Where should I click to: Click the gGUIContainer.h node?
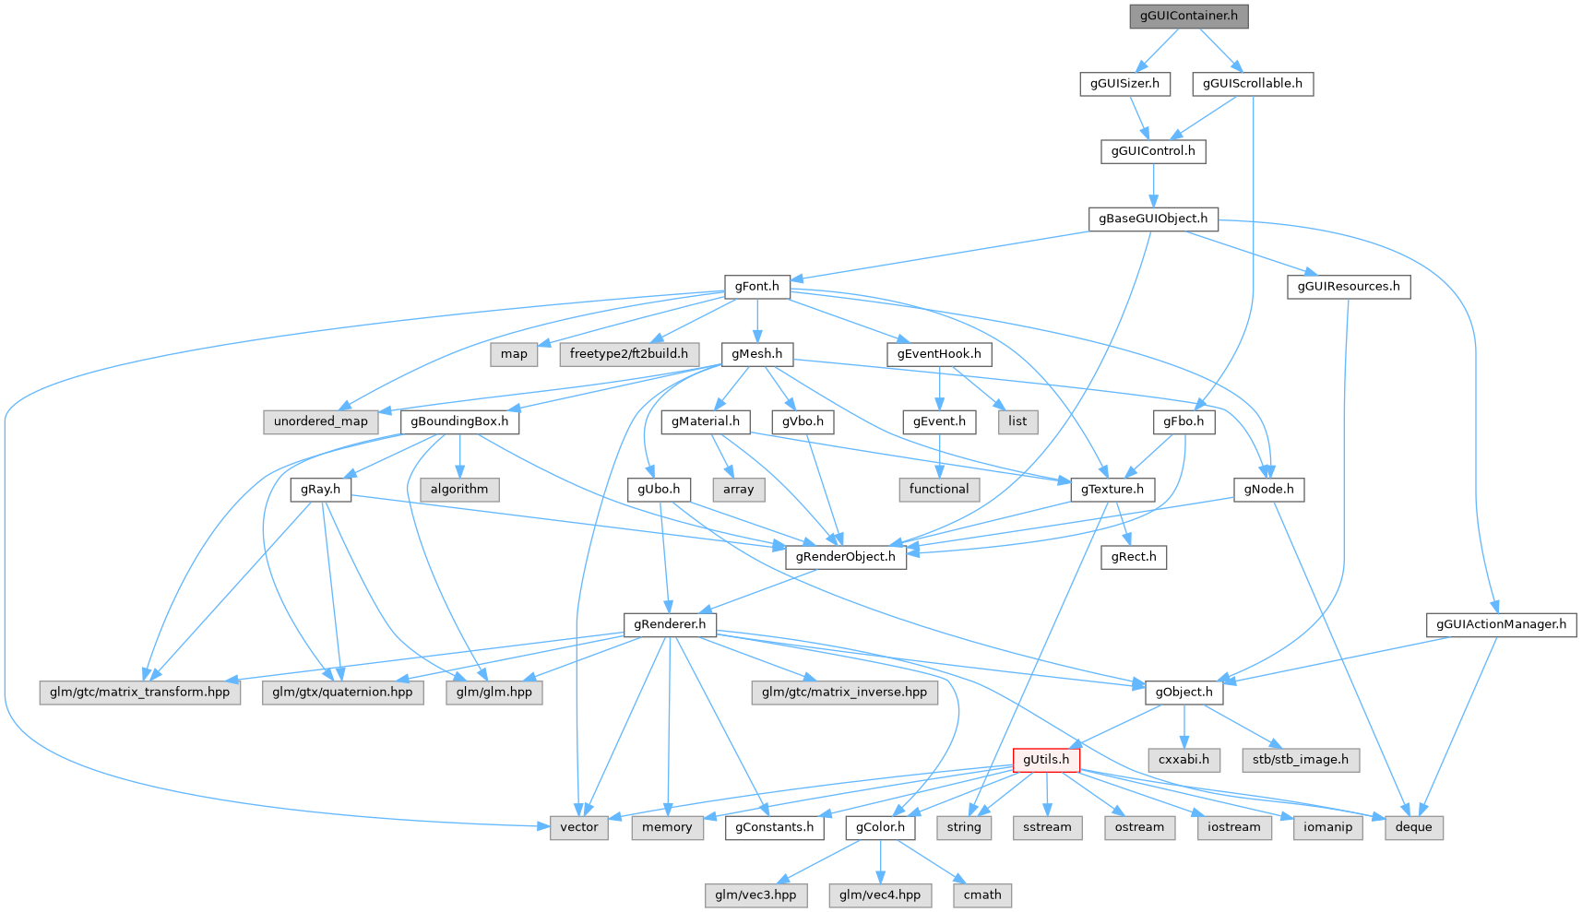(1188, 16)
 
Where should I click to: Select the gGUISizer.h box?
(1124, 84)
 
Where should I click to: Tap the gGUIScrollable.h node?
(1252, 84)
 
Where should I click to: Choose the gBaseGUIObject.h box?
(1153, 219)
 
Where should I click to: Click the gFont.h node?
(756, 287)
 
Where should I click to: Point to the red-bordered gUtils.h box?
(1046, 760)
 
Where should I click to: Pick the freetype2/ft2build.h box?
(628, 354)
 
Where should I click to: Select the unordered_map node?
(320, 421)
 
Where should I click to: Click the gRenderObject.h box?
(845, 557)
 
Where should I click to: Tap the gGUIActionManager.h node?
(1502, 625)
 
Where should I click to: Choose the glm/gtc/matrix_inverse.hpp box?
(844, 693)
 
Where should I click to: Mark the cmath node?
(982, 895)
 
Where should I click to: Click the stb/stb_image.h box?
(1300, 760)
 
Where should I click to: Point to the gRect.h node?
(1134, 557)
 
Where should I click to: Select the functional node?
(939, 490)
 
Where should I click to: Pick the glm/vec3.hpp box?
(755, 895)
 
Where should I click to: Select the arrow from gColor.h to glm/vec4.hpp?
(881, 861)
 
